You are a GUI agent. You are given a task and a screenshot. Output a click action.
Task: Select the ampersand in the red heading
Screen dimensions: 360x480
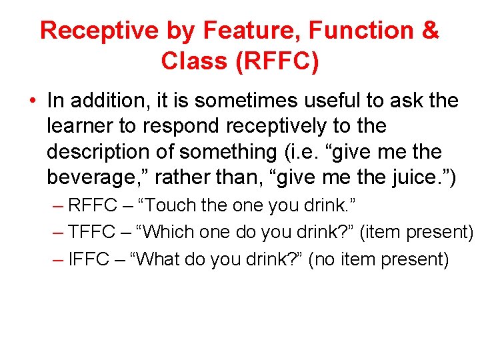click(x=431, y=31)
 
